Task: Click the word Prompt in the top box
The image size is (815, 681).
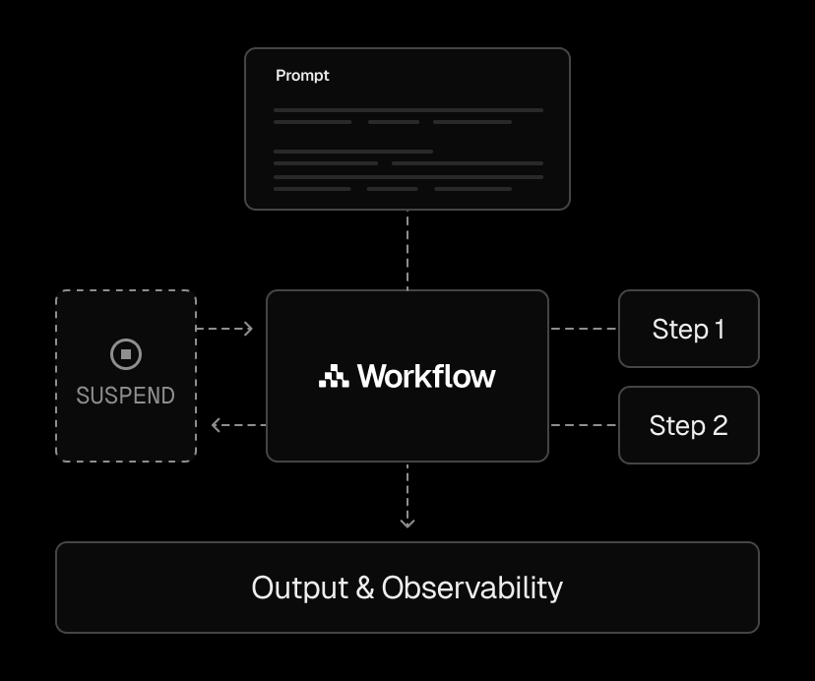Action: (x=302, y=76)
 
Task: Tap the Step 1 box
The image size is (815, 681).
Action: (x=689, y=329)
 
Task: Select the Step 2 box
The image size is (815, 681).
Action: (x=689, y=425)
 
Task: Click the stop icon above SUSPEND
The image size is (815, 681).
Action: (x=126, y=354)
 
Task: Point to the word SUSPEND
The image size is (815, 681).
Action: (x=125, y=396)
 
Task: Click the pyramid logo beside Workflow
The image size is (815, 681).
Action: (x=334, y=376)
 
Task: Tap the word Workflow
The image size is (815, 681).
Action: (x=426, y=376)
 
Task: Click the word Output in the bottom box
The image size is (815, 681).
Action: (x=300, y=588)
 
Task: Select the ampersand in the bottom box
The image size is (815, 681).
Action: (x=365, y=588)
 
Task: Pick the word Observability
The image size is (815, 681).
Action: (x=471, y=588)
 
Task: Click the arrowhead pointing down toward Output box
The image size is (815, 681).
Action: (x=407, y=523)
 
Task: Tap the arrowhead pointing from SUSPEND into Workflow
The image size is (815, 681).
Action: (x=248, y=329)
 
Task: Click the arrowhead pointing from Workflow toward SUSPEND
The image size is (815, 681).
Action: (x=217, y=425)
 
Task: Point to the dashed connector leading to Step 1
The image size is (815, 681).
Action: (x=583, y=329)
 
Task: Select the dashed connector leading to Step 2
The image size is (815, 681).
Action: (x=583, y=425)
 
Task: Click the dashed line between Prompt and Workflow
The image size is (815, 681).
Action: (x=407, y=250)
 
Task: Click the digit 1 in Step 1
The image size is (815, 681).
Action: (x=720, y=329)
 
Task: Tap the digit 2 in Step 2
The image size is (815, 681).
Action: (x=720, y=426)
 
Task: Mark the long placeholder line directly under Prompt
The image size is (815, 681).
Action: (x=408, y=110)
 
